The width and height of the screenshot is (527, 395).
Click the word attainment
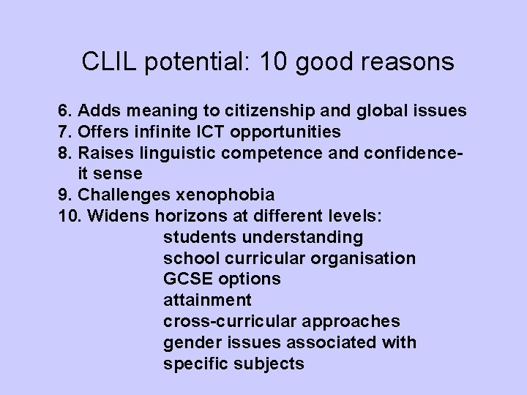(x=207, y=300)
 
